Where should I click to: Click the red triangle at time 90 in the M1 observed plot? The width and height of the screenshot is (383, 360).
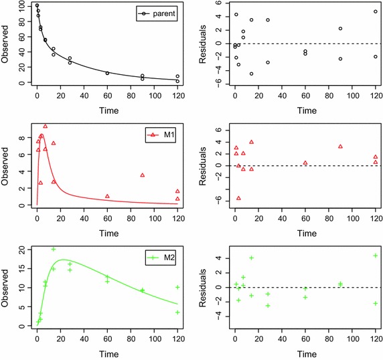[143, 175]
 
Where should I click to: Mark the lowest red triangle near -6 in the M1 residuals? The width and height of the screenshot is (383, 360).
[238, 198]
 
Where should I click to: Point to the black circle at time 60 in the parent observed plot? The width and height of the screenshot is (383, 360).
[107, 73]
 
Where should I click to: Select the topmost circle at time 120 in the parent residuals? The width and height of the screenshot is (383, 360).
[376, 11]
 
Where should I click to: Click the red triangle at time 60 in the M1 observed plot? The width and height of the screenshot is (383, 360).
[107, 196]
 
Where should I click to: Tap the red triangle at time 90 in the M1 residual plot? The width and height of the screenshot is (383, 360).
[340, 146]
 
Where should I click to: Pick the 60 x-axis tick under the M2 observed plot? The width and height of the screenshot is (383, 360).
[107, 341]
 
